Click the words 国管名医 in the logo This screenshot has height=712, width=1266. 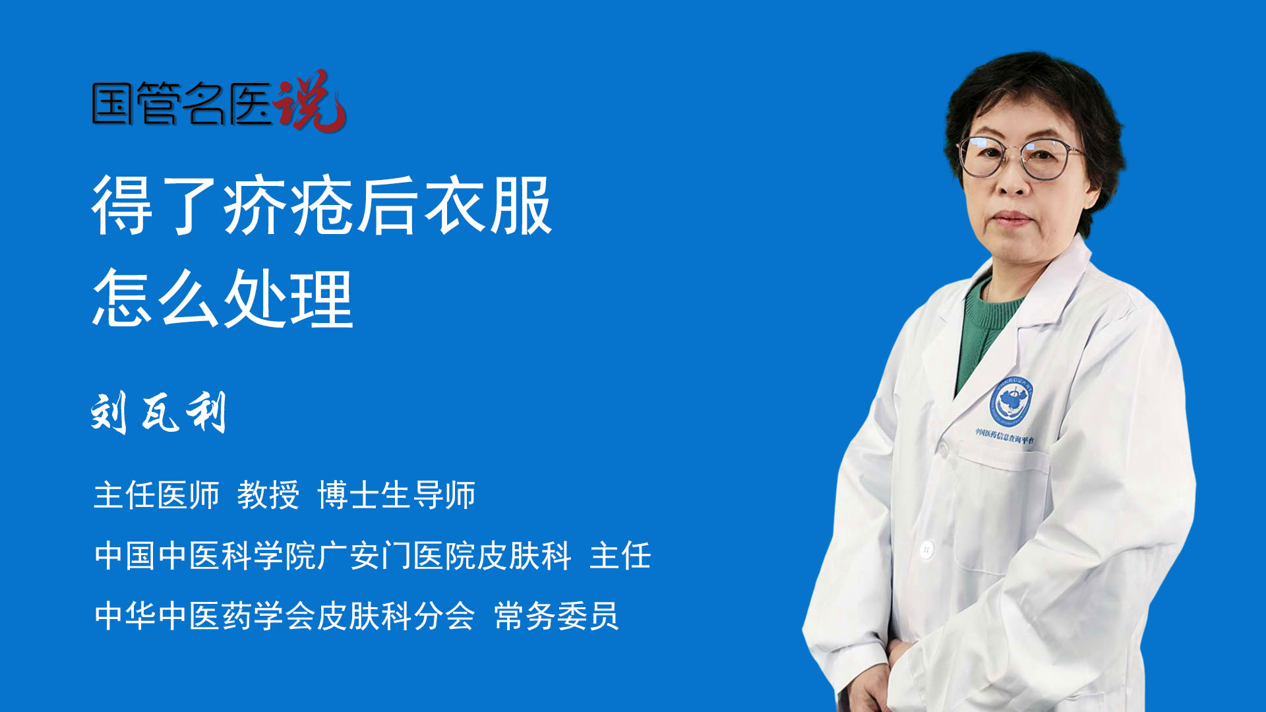[x=182, y=104]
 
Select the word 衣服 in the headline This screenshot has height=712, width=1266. [x=487, y=206]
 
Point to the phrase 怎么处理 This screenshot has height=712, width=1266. [x=223, y=299]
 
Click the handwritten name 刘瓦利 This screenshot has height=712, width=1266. [x=159, y=412]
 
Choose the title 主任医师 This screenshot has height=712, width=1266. [x=156, y=495]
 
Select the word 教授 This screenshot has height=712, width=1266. [x=268, y=495]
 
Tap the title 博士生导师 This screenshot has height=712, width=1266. [x=396, y=495]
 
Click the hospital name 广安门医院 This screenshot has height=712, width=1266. [x=396, y=555]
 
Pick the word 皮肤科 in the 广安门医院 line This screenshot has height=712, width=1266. [x=524, y=555]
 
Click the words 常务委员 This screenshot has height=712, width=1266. [x=557, y=616]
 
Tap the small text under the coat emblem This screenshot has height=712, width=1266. [x=1005, y=436]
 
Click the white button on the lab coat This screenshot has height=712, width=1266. [x=926, y=549]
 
